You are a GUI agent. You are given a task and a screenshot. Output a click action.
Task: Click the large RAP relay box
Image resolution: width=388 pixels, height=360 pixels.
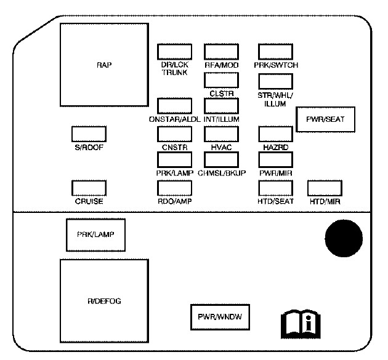104,64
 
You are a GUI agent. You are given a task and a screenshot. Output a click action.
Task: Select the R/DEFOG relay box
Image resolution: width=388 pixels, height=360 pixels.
104,300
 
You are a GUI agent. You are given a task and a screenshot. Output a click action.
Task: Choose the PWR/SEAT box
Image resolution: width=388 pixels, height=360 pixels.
326,119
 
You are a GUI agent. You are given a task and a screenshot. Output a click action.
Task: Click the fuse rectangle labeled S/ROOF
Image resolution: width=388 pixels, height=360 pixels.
89,133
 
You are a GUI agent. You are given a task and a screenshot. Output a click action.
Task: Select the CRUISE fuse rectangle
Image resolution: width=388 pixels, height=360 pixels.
89,187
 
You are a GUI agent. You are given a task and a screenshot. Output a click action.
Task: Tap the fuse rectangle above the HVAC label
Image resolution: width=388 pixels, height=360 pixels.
220,133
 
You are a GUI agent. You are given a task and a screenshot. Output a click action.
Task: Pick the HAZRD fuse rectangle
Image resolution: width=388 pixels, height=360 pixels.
275,133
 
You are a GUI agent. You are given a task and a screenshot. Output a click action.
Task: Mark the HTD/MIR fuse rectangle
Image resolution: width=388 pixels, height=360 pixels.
325,187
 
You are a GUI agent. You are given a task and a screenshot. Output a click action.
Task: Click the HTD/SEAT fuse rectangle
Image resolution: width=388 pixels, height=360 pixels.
275,187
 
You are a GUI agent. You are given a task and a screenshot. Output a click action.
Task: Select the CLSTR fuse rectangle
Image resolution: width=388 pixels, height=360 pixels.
220,80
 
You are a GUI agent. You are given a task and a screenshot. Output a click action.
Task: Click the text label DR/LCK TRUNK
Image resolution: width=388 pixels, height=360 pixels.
175,68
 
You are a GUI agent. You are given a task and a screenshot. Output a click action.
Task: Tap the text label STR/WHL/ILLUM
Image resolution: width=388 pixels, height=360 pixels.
275,100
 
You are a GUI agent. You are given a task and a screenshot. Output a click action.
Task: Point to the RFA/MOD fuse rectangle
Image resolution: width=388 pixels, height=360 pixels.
220,51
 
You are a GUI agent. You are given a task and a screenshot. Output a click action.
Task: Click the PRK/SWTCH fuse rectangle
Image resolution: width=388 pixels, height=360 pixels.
275,51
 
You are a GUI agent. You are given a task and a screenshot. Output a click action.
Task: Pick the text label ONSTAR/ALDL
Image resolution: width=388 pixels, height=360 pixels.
175,119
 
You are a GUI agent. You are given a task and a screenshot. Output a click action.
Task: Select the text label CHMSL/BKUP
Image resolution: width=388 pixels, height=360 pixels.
222,174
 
